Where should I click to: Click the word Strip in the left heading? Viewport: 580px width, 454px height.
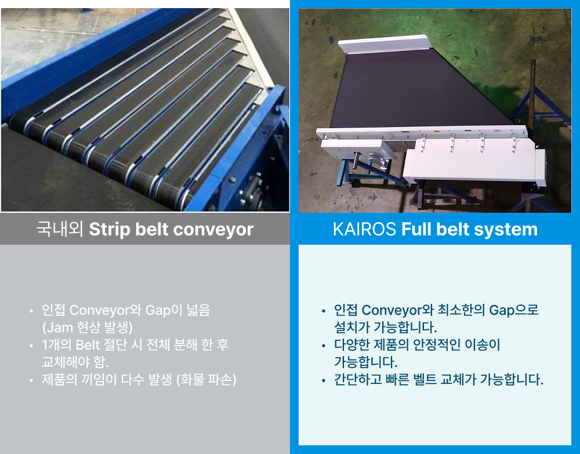pyautogui.click(x=110, y=230)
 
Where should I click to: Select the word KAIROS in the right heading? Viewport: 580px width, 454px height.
pyautogui.click(x=364, y=229)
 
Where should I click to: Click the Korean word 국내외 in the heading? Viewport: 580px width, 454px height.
pyautogui.click(x=60, y=229)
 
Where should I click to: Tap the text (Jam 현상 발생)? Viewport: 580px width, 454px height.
pyautogui.click(x=88, y=327)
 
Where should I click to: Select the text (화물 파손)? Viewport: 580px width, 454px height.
pyautogui.click(x=206, y=379)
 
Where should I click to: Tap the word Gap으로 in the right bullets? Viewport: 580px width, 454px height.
pyautogui.click(x=514, y=310)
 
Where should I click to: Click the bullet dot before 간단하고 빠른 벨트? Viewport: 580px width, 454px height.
pyautogui.click(x=324, y=380)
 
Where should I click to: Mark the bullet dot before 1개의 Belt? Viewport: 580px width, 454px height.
pyautogui.click(x=31, y=346)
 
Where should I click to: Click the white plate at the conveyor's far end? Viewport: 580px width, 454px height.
pyautogui.click(x=383, y=44)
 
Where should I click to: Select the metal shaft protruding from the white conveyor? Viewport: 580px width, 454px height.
pyautogui.click(x=357, y=159)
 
